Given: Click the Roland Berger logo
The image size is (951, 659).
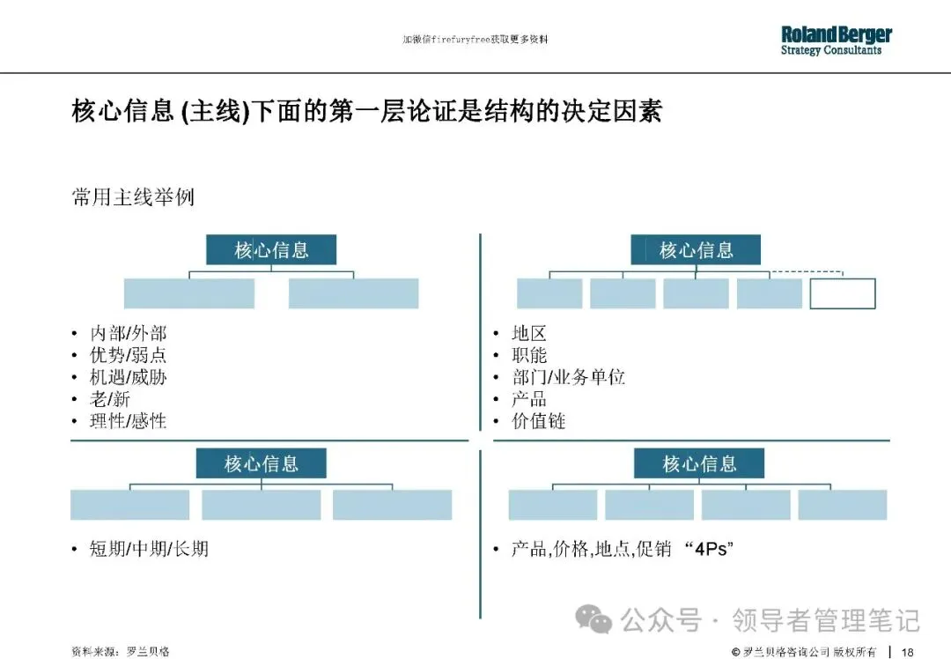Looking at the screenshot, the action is pyautogui.click(x=836, y=41).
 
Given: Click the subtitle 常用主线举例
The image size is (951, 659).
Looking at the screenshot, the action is pyautogui.click(x=132, y=197).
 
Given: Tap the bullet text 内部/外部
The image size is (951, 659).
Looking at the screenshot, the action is pyautogui.click(x=128, y=333).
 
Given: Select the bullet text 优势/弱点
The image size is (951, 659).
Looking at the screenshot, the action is pyautogui.click(x=128, y=355).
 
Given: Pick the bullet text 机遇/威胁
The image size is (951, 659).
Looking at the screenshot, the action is pyautogui.click(x=128, y=377).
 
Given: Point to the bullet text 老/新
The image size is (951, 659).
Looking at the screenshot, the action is pyautogui.click(x=110, y=399).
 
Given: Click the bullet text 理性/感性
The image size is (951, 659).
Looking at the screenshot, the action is pyautogui.click(x=128, y=421).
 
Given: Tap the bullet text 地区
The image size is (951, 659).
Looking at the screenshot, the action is pyautogui.click(x=529, y=333).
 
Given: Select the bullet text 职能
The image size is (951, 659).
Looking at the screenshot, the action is pyautogui.click(x=529, y=355).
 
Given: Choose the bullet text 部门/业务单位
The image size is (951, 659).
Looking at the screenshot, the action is pyautogui.click(x=568, y=377).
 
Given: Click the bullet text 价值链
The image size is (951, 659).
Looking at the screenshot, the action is pyautogui.click(x=538, y=421).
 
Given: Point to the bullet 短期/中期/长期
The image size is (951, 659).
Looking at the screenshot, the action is pyautogui.click(x=149, y=549).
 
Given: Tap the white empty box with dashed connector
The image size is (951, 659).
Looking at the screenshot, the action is pyautogui.click(x=843, y=293).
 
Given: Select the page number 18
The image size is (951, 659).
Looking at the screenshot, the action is pyautogui.click(x=907, y=652).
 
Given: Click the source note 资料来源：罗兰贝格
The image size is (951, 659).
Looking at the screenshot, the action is pyautogui.click(x=120, y=652).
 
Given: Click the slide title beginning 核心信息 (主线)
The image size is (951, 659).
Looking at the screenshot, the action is pyautogui.click(x=365, y=112).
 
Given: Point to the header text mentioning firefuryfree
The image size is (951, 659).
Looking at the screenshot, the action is pyautogui.click(x=475, y=40).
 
